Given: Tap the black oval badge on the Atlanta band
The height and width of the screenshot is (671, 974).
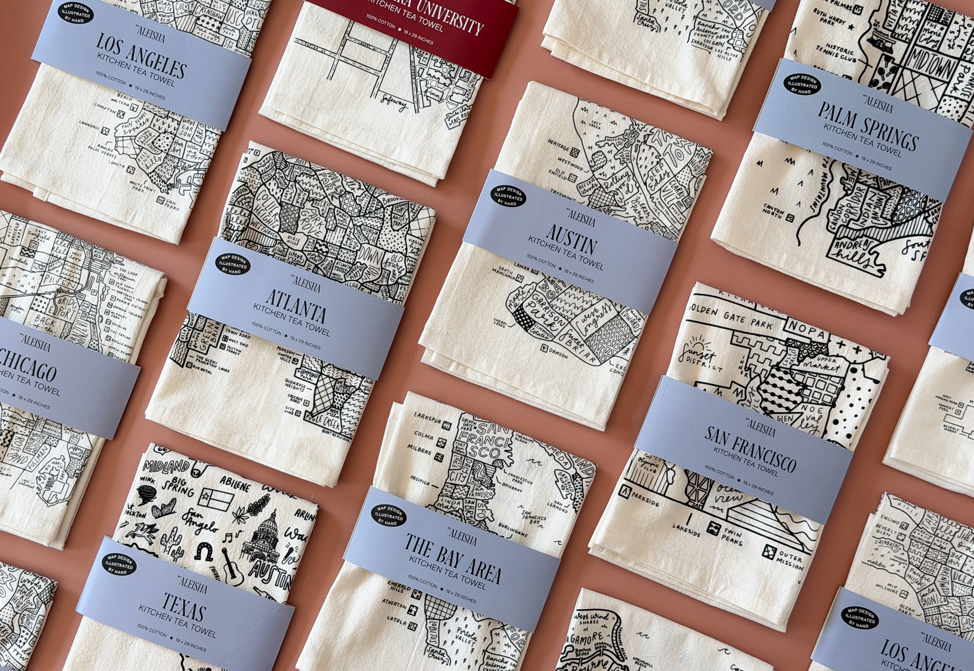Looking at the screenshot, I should click(x=232, y=264).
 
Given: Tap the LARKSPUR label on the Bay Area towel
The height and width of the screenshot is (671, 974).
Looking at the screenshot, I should click(x=428, y=418).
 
